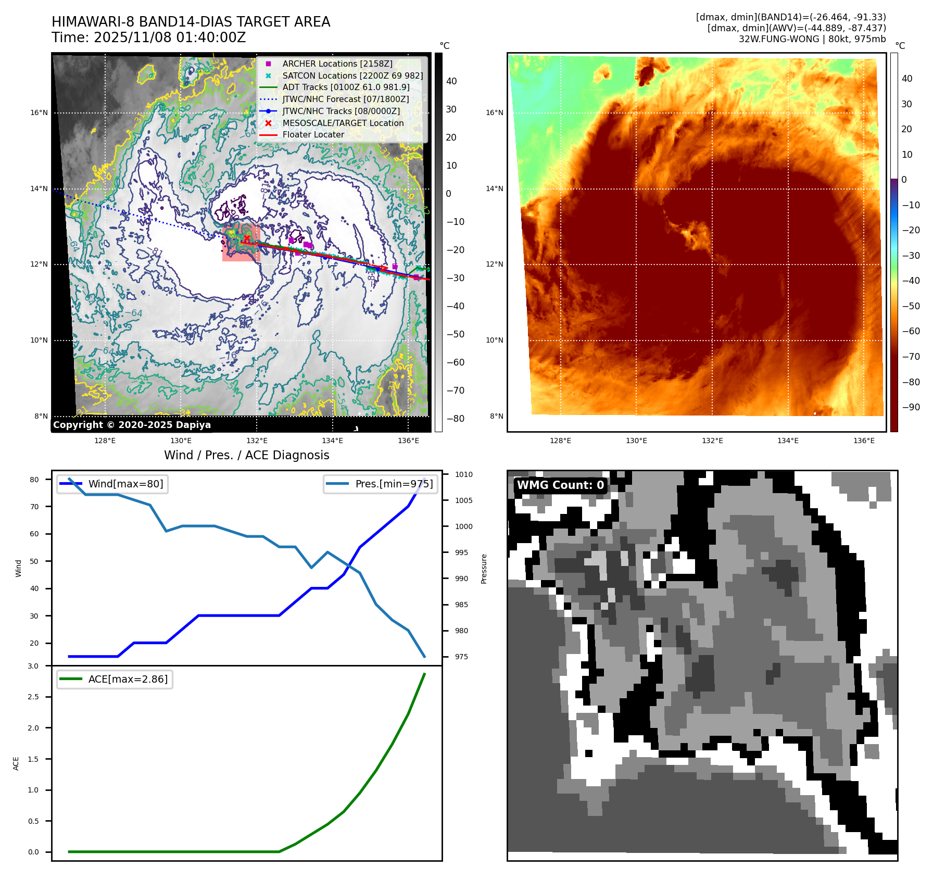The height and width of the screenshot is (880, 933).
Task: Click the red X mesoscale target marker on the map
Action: (x=246, y=238)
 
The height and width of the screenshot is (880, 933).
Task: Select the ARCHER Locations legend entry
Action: (x=337, y=64)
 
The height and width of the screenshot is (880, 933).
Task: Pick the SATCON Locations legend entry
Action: (x=352, y=76)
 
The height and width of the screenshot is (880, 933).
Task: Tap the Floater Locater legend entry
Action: (x=313, y=134)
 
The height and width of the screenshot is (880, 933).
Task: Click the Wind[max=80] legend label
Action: (x=125, y=484)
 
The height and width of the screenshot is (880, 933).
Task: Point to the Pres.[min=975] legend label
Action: (x=394, y=484)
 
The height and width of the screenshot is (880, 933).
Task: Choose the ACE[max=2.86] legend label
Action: (x=128, y=679)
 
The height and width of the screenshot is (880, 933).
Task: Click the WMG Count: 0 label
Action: (x=560, y=485)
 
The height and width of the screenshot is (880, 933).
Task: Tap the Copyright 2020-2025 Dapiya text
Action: (x=132, y=425)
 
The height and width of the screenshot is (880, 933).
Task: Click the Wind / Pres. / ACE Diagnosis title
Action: (x=246, y=455)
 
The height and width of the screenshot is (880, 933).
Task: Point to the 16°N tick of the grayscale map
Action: (x=39, y=112)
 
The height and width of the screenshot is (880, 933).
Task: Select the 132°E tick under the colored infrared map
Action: (x=712, y=441)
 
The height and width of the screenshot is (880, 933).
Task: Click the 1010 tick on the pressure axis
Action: (x=463, y=474)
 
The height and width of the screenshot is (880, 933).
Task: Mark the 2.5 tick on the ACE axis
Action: (x=33, y=697)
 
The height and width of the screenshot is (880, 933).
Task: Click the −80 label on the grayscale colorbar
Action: (x=455, y=419)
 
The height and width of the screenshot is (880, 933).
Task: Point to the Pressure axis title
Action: (x=484, y=569)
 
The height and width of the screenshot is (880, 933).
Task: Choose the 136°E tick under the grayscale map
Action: (x=408, y=441)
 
